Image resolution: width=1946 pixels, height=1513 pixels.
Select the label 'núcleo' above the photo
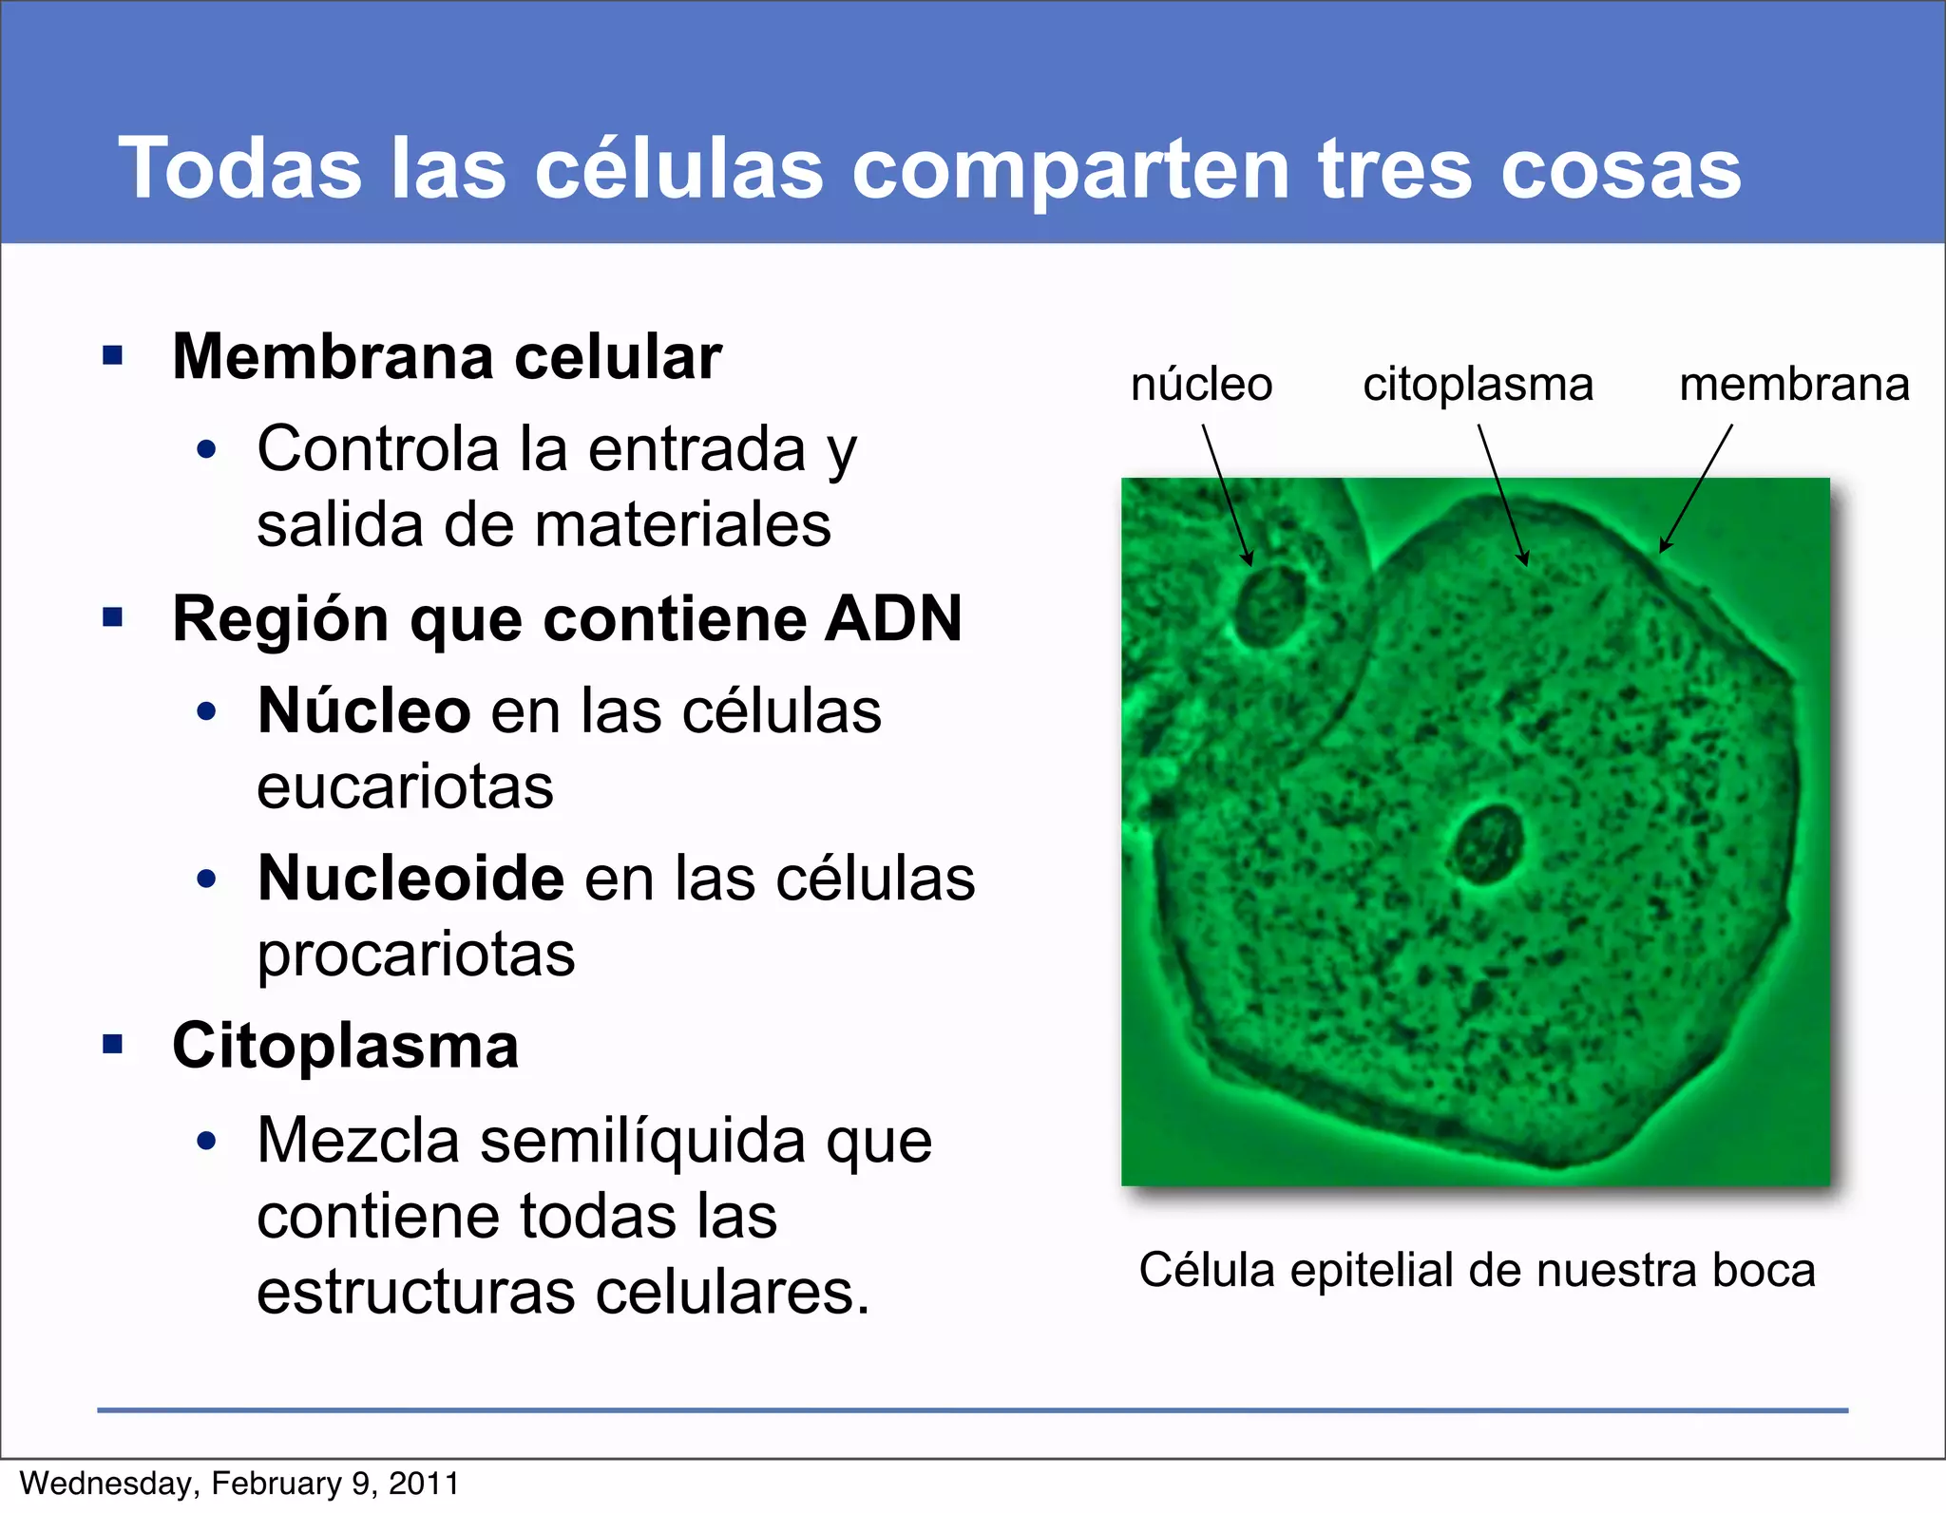click(x=1201, y=385)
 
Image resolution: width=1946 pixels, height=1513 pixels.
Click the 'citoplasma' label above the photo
click(x=1478, y=385)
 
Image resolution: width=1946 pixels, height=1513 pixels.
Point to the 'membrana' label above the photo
click(x=1794, y=385)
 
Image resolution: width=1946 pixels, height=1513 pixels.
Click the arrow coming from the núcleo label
click(x=1227, y=494)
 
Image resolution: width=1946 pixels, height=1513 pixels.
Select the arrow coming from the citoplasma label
click(x=1502, y=494)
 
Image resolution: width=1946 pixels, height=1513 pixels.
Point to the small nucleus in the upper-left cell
click(x=1271, y=605)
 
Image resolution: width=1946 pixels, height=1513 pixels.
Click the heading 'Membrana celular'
click(x=447, y=357)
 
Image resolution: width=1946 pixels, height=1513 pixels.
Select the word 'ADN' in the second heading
click(x=893, y=619)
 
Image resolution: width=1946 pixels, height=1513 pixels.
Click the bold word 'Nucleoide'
click(x=411, y=878)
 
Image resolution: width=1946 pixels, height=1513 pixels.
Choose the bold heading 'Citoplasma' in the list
click(x=346, y=1046)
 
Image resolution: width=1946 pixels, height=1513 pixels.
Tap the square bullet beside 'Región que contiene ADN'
click(x=113, y=618)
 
